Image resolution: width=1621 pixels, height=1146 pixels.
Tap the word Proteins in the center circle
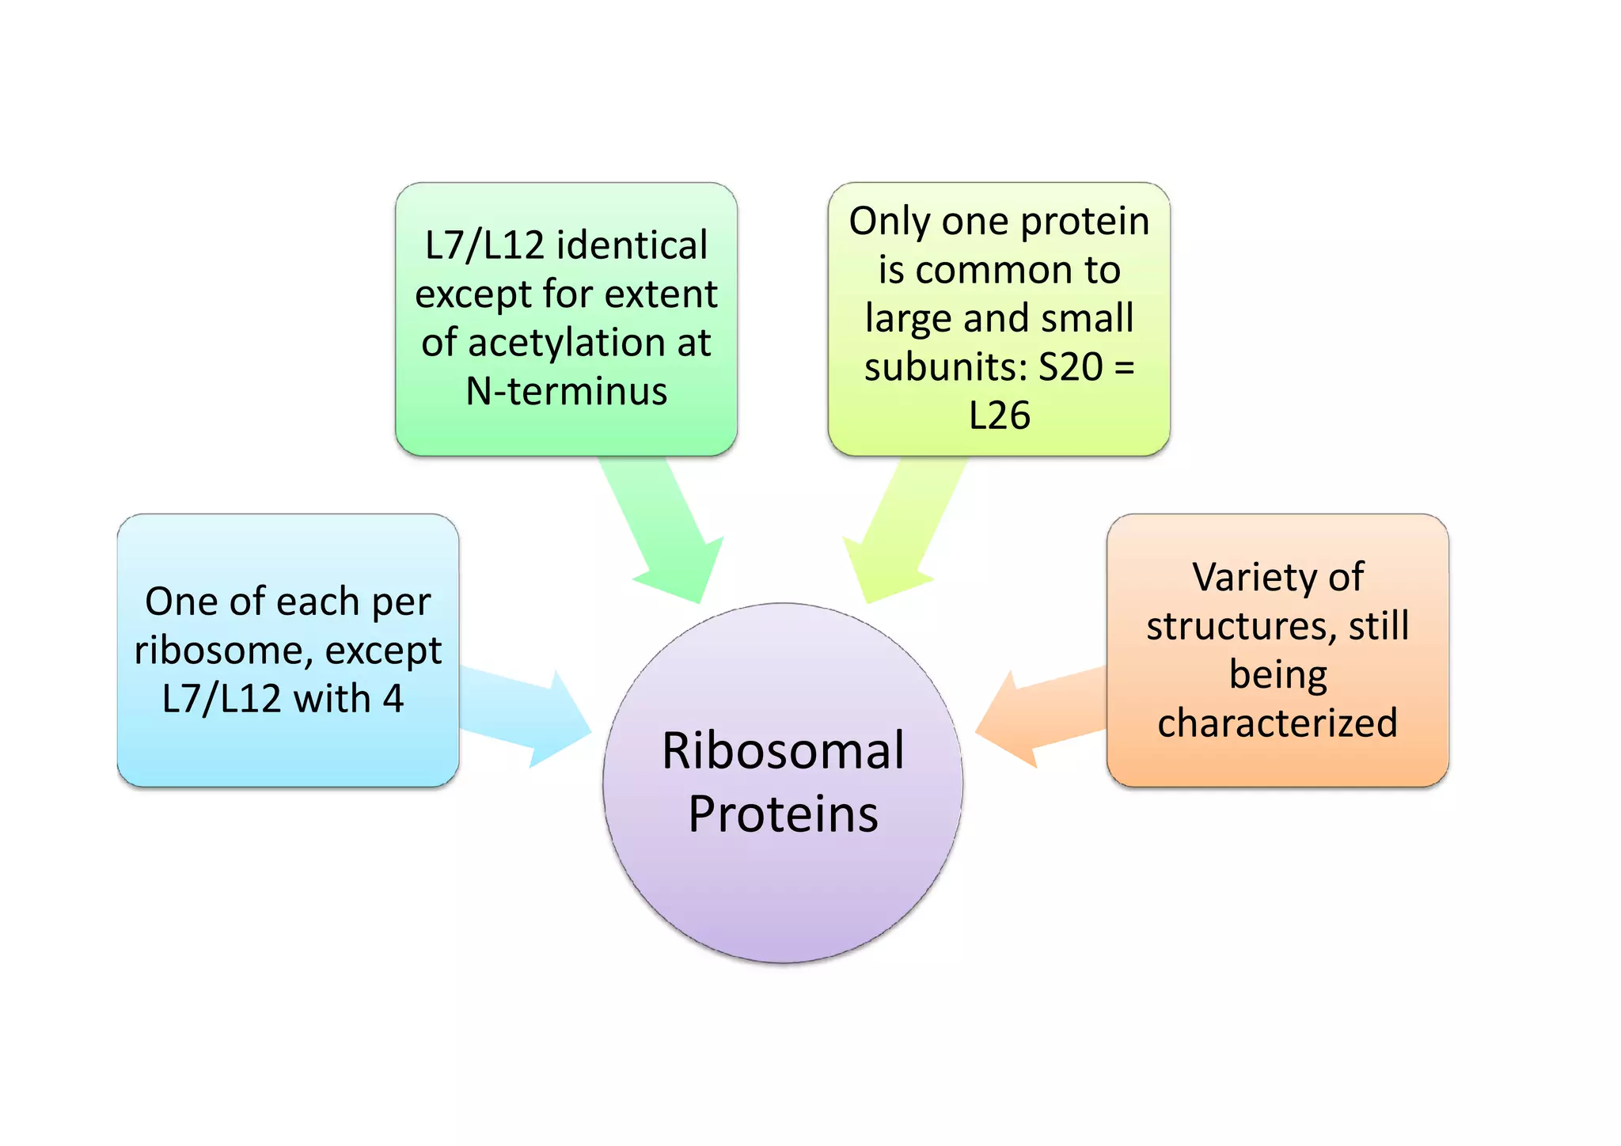click(x=782, y=814)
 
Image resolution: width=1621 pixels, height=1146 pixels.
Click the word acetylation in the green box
click(x=567, y=343)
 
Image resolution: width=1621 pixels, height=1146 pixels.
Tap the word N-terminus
click(x=567, y=391)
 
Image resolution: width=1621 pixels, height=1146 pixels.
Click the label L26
click(x=999, y=416)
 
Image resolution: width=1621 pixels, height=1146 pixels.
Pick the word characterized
click(x=1277, y=723)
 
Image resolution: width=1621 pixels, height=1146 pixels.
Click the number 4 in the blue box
click(x=393, y=699)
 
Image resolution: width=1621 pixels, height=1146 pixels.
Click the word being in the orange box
click(x=1277, y=674)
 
